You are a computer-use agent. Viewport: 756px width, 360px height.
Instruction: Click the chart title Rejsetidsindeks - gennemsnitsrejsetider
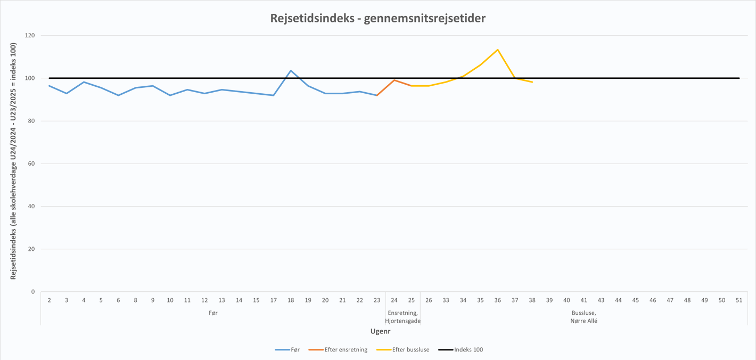click(x=377, y=19)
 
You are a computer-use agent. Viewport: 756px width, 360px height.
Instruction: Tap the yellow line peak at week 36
click(x=497, y=50)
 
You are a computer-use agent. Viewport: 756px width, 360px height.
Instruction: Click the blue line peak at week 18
click(x=291, y=71)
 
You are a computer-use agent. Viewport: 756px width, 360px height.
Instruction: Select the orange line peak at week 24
click(x=394, y=80)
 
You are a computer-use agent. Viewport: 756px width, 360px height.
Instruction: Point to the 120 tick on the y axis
click(x=30, y=36)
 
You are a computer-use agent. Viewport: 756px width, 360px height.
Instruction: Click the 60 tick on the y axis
click(x=31, y=163)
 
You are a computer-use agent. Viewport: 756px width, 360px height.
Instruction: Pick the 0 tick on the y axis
click(x=33, y=292)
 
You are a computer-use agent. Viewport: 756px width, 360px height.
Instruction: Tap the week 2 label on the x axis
click(x=50, y=300)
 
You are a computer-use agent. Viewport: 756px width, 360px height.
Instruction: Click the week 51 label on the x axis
click(x=739, y=300)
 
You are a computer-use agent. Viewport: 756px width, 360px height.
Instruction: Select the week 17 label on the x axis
click(x=274, y=300)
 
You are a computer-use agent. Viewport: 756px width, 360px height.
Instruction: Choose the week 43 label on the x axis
click(x=601, y=300)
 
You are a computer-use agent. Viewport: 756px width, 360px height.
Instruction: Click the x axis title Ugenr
click(x=381, y=331)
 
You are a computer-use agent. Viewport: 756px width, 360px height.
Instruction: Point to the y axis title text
click(x=13, y=161)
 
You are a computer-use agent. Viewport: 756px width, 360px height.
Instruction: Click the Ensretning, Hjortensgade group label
click(x=402, y=317)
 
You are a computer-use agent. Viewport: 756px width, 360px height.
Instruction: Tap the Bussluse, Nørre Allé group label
click(x=584, y=317)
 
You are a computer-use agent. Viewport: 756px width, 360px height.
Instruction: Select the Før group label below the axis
click(x=213, y=313)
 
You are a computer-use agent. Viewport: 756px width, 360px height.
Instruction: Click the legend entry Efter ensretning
click(x=346, y=350)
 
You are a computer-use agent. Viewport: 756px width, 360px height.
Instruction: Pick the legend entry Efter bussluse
click(x=410, y=350)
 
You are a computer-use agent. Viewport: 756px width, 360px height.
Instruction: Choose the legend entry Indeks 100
click(x=469, y=350)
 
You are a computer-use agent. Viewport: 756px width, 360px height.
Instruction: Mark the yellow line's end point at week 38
click(x=532, y=82)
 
